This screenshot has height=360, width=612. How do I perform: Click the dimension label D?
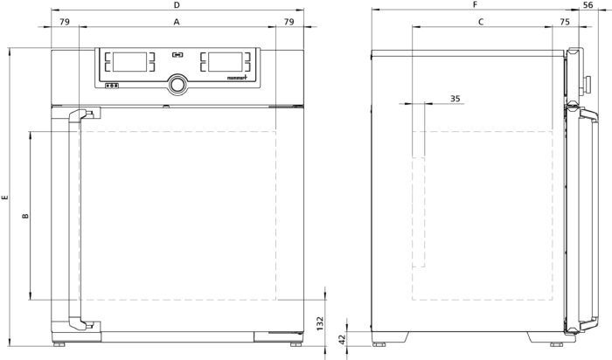[x=177, y=5]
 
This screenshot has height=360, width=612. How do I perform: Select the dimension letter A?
[x=177, y=22]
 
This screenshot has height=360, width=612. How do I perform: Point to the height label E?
[x=4, y=197]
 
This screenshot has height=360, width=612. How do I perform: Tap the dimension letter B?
[x=25, y=216]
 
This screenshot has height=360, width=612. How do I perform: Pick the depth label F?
[x=475, y=5]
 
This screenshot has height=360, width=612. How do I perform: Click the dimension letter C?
[x=481, y=22]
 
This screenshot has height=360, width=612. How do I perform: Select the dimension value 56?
[x=588, y=5]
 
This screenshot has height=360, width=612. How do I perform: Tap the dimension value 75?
[x=565, y=22]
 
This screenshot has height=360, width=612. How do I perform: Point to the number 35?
[x=456, y=99]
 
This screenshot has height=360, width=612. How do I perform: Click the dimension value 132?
[x=321, y=323]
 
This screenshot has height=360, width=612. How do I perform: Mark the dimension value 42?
[x=342, y=339]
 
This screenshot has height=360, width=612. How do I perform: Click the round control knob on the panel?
[x=177, y=84]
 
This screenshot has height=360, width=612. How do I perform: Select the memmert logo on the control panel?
[x=237, y=78]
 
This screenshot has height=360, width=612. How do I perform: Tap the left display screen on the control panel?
[x=130, y=62]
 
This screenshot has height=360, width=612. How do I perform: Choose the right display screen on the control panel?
[x=226, y=62]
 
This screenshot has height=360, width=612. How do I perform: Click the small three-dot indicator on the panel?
[x=112, y=86]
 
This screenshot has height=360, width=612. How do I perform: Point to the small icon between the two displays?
[x=177, y=55]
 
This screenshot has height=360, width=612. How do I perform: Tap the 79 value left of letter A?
[x=65, y=22]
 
